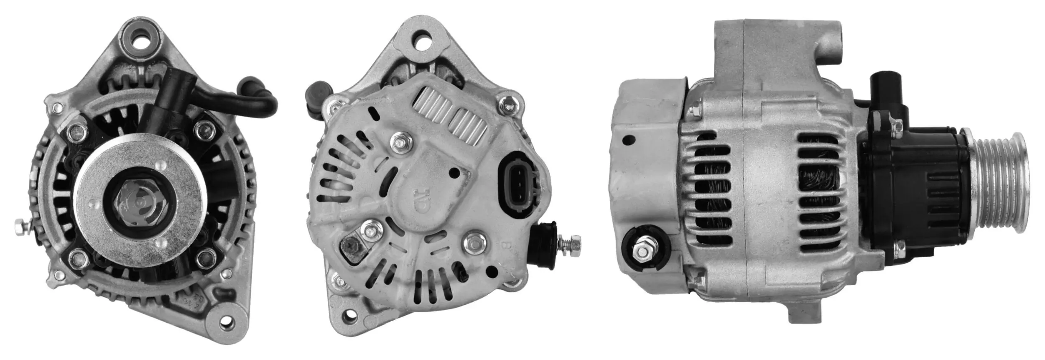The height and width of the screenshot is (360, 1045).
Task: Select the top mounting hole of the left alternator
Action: (x=140, y=34)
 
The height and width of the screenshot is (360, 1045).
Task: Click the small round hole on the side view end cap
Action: (x=628, y=140)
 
